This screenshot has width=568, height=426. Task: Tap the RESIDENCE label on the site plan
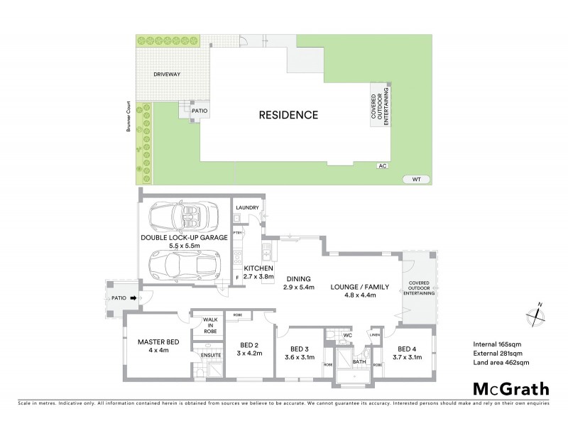coord(288,114)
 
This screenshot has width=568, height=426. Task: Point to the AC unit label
coord(383,165)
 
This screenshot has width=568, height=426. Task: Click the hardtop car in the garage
coord(183,264)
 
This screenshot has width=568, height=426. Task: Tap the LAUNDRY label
coord(248,207)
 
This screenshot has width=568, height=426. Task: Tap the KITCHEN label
coord(257,268)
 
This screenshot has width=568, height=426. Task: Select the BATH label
coord(359,361)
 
